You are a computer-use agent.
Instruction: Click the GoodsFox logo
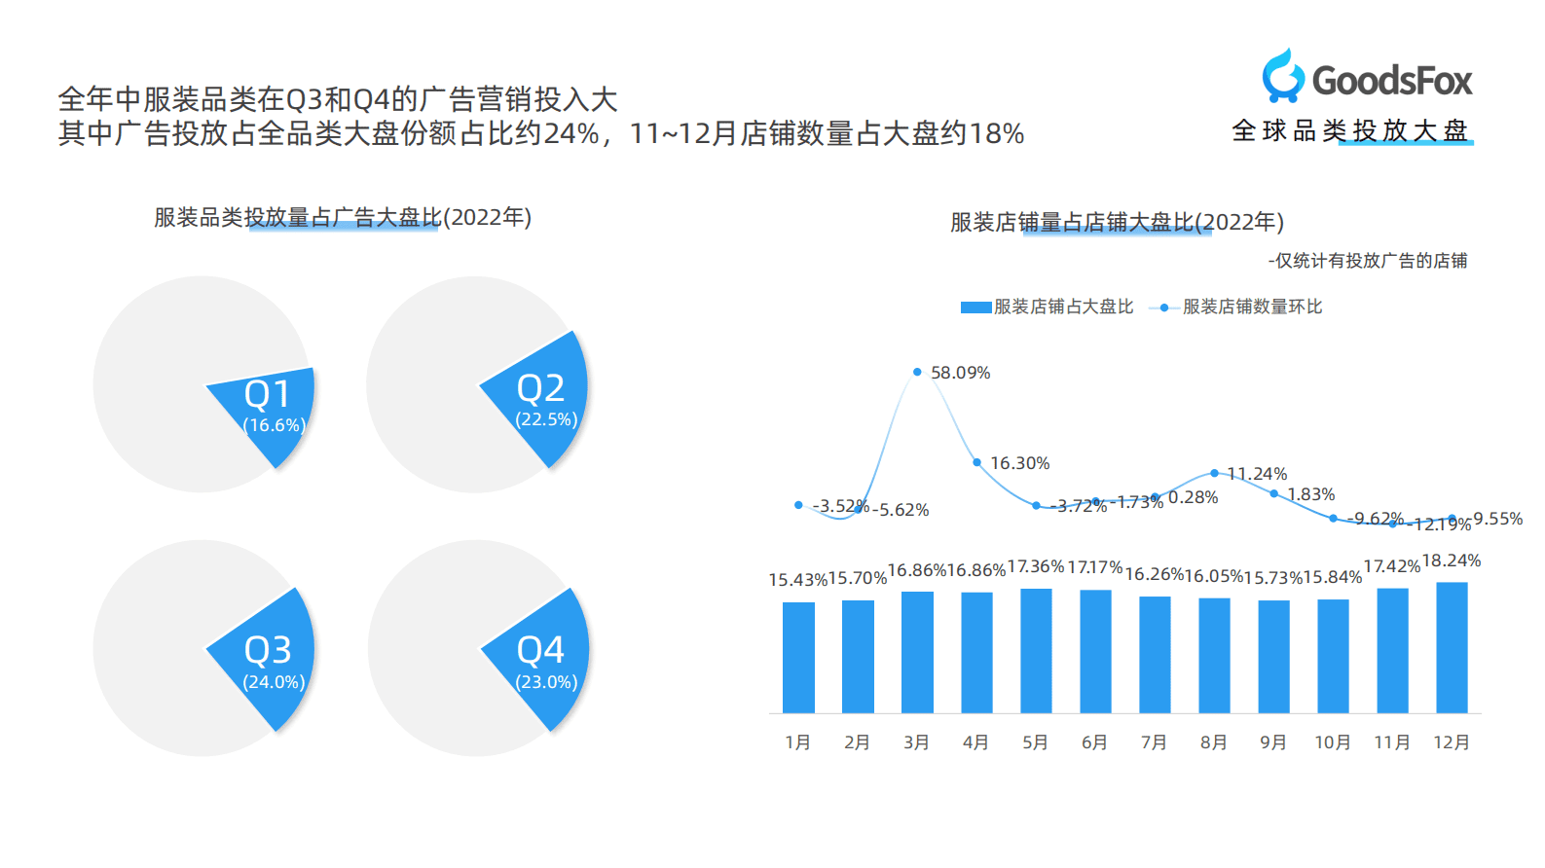(1367, 78)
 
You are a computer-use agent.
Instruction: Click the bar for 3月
(917, 652)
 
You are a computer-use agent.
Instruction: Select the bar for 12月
(1452, 647)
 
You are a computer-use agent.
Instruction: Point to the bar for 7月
(1155, 654)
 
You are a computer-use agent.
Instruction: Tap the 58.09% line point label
(960, 373)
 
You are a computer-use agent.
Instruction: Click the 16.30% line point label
(1019, 463)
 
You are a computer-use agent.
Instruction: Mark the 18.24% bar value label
(1451, 561)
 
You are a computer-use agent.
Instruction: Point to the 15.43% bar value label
(797, 580)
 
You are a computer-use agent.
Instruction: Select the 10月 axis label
(1333, 742)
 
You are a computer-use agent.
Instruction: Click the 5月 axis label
(1035, 742)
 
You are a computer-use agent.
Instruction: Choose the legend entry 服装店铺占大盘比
(1048, 307)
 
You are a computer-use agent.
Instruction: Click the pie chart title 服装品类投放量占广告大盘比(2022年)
(343, 217)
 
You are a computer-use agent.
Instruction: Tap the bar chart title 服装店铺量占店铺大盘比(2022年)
(1117, 222)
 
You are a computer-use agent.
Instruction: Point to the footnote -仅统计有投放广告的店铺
(1367, 261)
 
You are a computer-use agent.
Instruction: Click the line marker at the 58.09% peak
(917, 372)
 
